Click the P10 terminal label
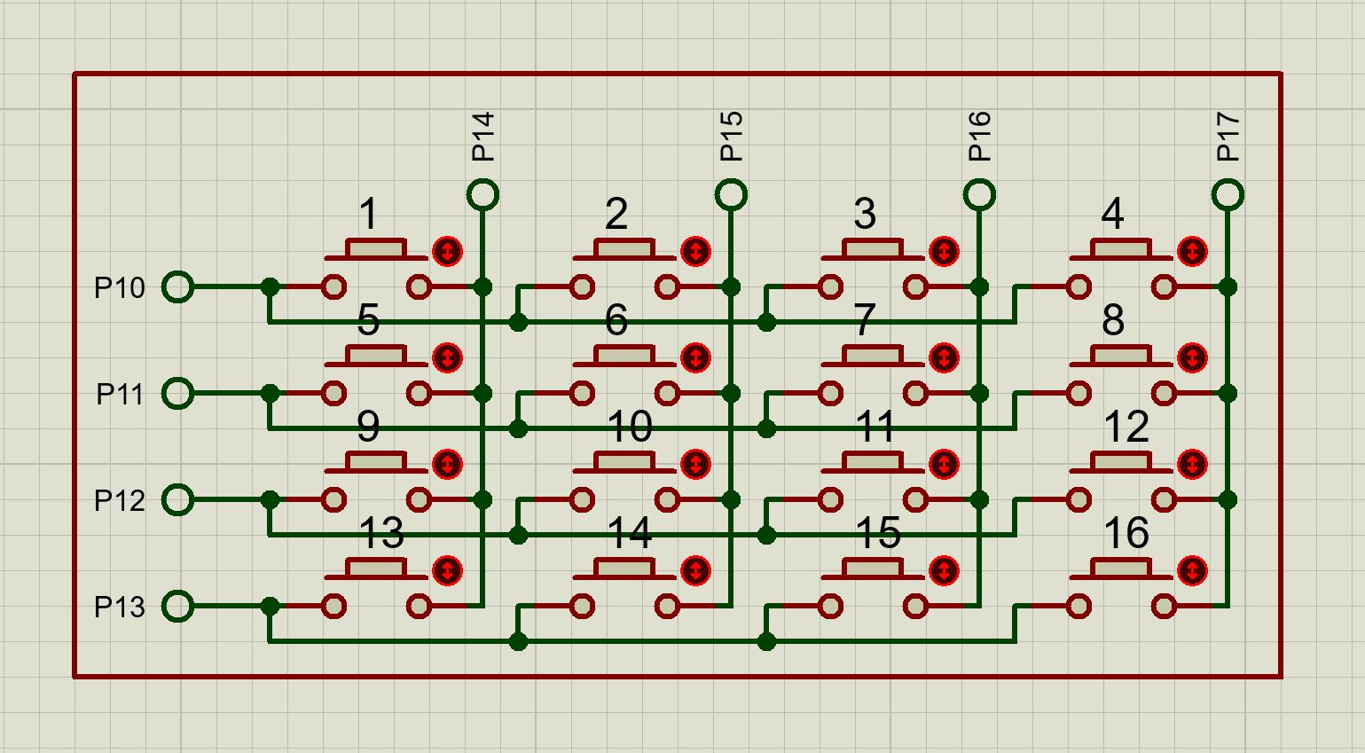tap(120, 288)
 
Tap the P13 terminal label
tap(120, 608)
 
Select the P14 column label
tap(482, 137)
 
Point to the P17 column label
tap(1228, 137)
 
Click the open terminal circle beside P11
tap(177, 393)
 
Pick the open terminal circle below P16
tap(979, 194)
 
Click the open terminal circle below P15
tap(731, 194)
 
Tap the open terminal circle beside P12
tap(177, 499)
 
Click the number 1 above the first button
tap(368, 215)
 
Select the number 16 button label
tap(1126, 534)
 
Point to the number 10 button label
tap(629, 427)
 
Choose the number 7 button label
tap(865, 321)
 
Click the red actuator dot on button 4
tap(1193, 252)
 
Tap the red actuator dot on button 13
tap(448, 570)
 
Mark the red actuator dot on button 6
tap(696, 358)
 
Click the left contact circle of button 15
tap(830, 606)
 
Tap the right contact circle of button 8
tap(1164, 393)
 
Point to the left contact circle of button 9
tap(333, 499)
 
